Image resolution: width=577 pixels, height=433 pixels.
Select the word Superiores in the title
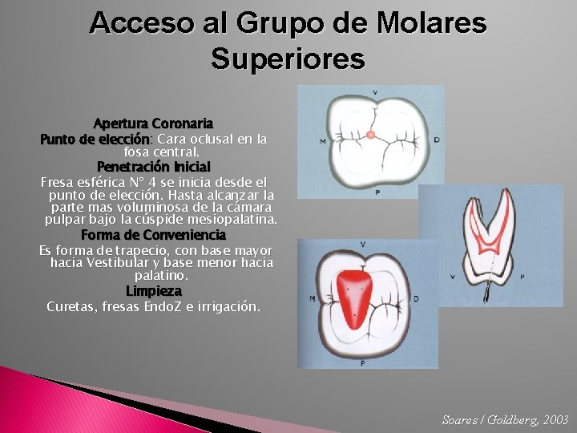click(x=288, y=59)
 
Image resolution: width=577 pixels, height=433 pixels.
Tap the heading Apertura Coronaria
click(x=153, y=124)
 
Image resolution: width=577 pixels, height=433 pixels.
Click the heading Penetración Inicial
click(x=153, y=167)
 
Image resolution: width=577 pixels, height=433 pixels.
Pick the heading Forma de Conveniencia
click(x=153, y=236)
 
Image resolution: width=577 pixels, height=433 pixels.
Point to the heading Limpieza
click(x=153, y=290)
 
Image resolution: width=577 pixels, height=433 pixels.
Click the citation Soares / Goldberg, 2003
click(x=505, y=420)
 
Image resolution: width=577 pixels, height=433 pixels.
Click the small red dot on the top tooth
click(x=370, y=135)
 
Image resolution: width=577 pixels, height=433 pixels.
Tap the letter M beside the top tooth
click(x=322, y=142)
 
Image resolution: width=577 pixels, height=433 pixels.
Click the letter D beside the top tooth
click(x=436, y=140)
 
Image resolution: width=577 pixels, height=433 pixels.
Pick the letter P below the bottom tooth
click(x=363, y=362)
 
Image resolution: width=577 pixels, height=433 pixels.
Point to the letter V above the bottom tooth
click(x=363, y=244)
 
